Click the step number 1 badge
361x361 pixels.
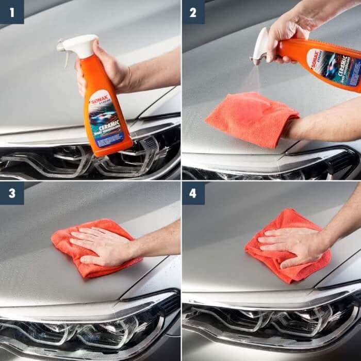click(12, 12)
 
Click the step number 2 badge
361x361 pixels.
click(193, 12)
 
